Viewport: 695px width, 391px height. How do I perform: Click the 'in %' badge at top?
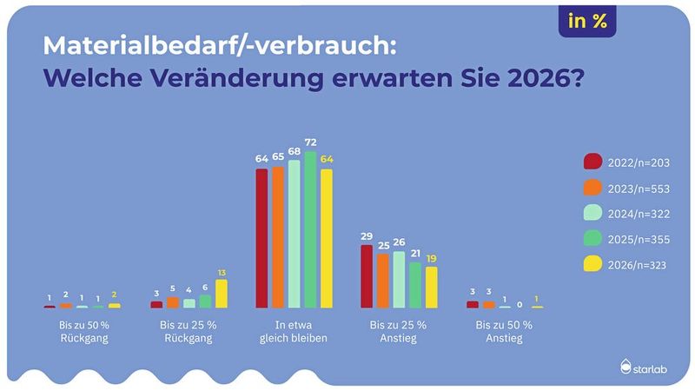587,23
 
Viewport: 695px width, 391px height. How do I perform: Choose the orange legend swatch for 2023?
592,188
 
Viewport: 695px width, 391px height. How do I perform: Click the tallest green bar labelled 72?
310,229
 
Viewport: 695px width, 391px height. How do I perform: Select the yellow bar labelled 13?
222,294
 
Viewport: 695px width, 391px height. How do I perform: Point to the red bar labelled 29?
366,276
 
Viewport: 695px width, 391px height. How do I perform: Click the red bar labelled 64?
261,238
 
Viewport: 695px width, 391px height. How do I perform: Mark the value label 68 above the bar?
294,151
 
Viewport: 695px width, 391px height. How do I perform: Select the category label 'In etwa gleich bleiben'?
294,333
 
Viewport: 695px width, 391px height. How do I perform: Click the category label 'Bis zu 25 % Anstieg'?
399,333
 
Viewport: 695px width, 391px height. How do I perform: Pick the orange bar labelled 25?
382,281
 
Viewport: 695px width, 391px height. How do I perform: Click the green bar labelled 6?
205,302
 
